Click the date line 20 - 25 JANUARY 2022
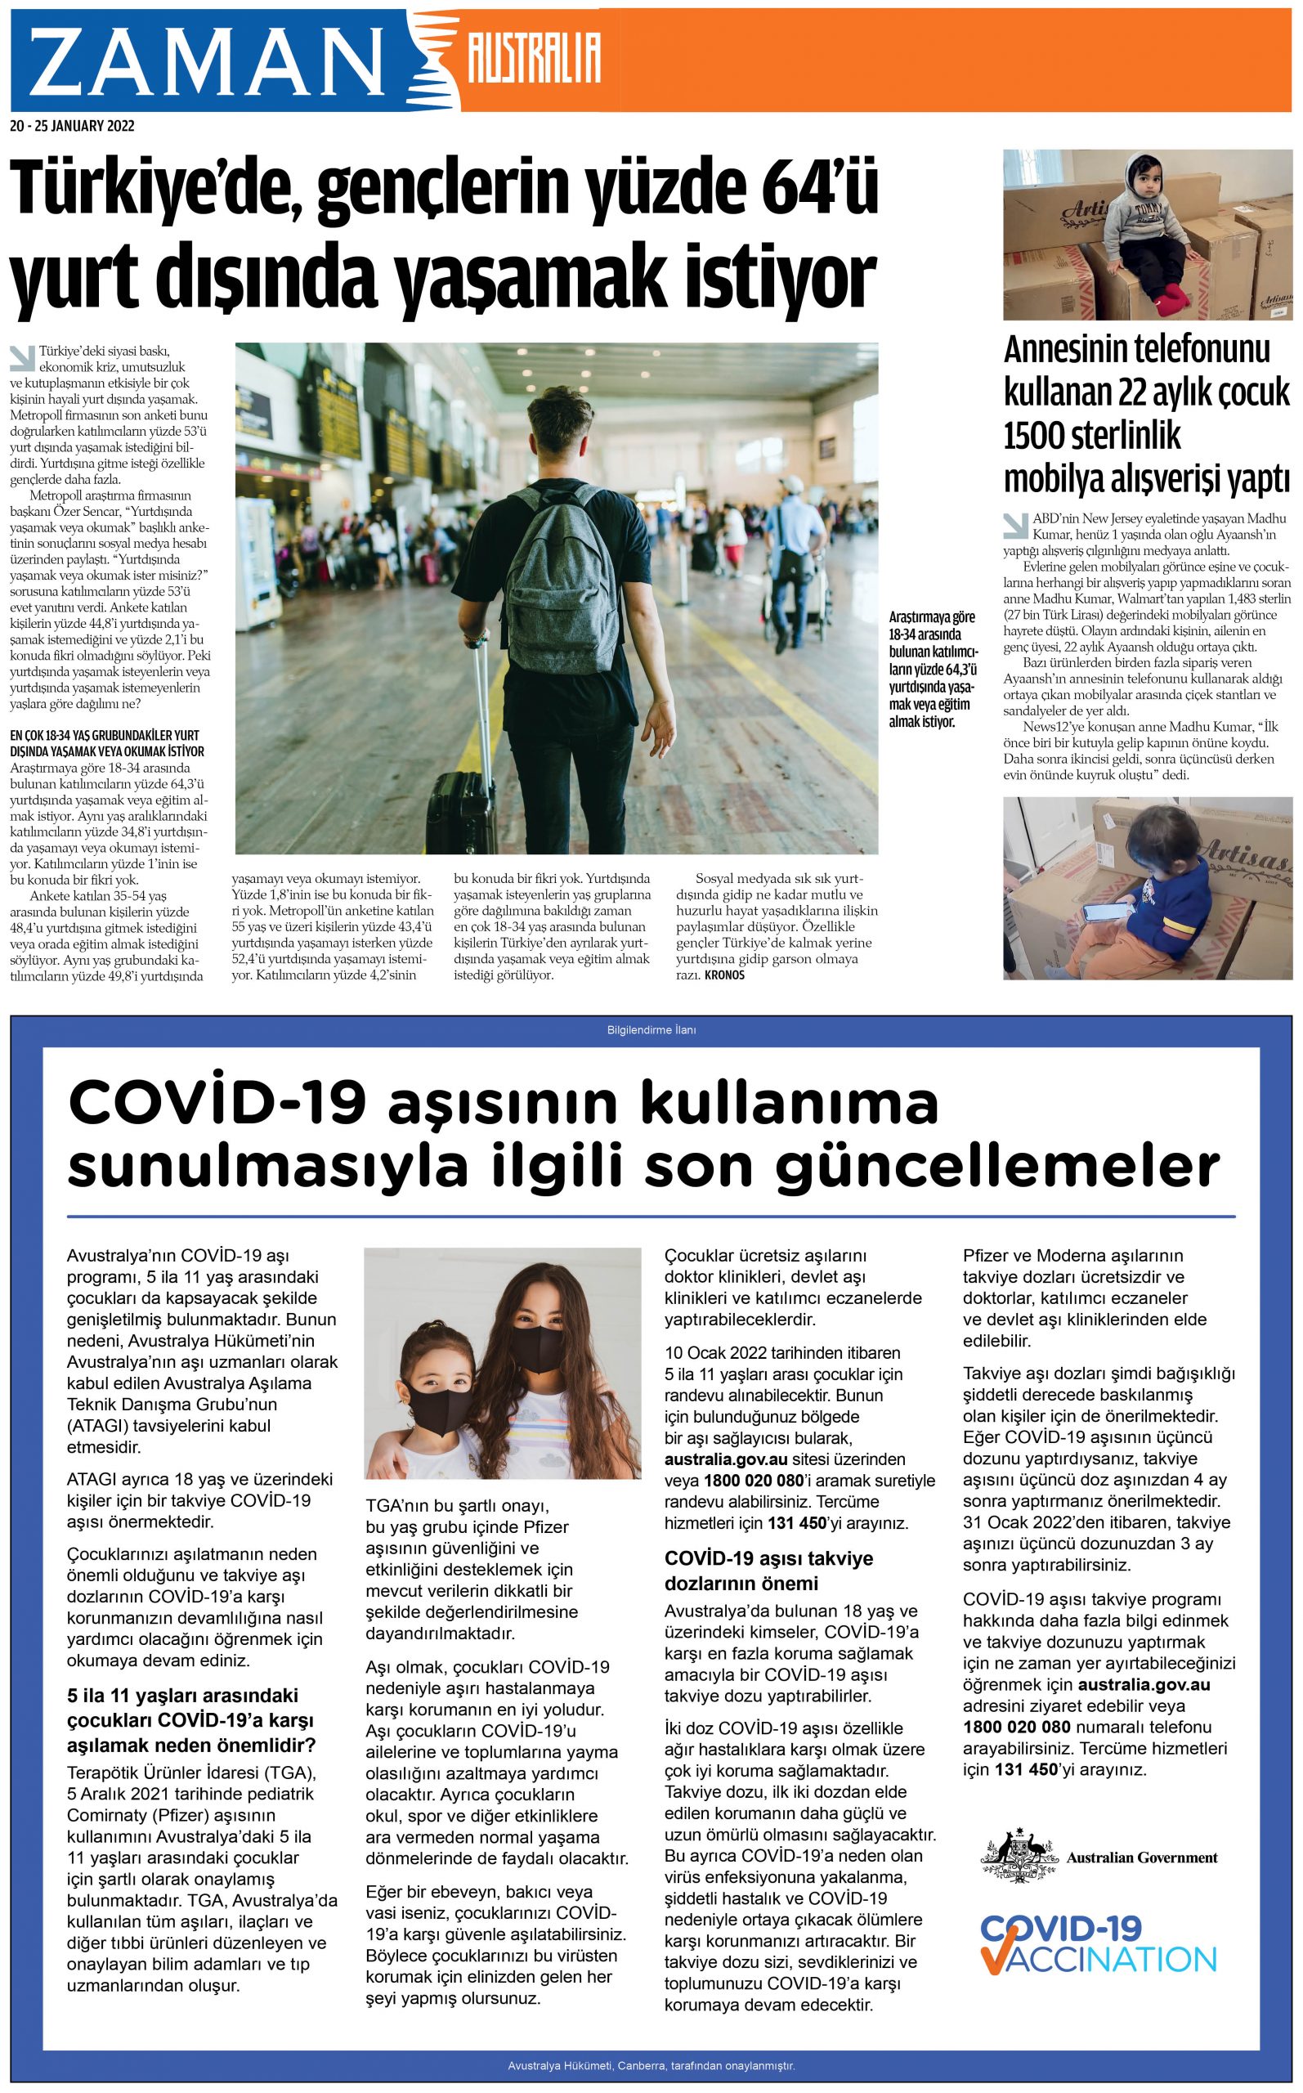(x=73, y=126)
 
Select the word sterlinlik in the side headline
(x=1092, y=435)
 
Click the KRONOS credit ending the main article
(x=724, y=975)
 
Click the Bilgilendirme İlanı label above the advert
(x=651, y=1029)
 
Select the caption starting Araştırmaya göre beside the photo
(x=934, y=669)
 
